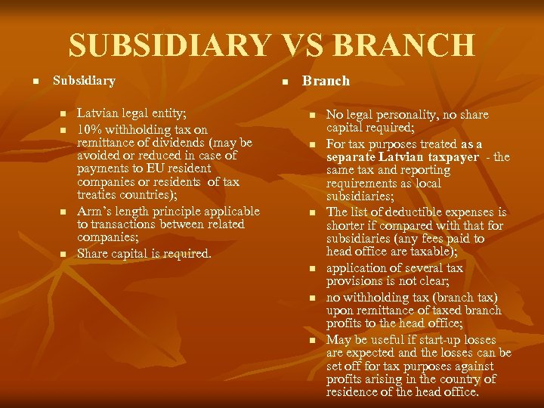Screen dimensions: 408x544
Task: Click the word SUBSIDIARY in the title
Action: pyautogui.click(x=169, y=45)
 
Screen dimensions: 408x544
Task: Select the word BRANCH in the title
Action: pyautogui.click(x=405, y=45)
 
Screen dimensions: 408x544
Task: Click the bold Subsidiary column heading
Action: pyautogui.click(x=84, y=80)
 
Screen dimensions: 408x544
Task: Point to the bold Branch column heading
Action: pyautogui.click(x=326, y=81)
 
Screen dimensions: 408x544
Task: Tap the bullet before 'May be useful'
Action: pyautogui.click(x=312, y=341)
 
